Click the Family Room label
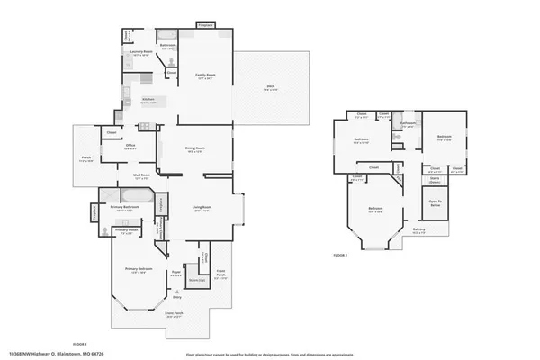point(205,76)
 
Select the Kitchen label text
point(148,100)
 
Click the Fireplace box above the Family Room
point(205,25)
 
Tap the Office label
point(130,147)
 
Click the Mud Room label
point(141,177)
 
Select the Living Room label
point(202,209)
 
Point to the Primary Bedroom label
point(139,270)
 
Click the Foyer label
point(177,273)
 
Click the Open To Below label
point(435,203)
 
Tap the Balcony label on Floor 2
point(419,231)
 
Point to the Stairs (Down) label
point(433,180)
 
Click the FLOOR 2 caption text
point(340,256)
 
